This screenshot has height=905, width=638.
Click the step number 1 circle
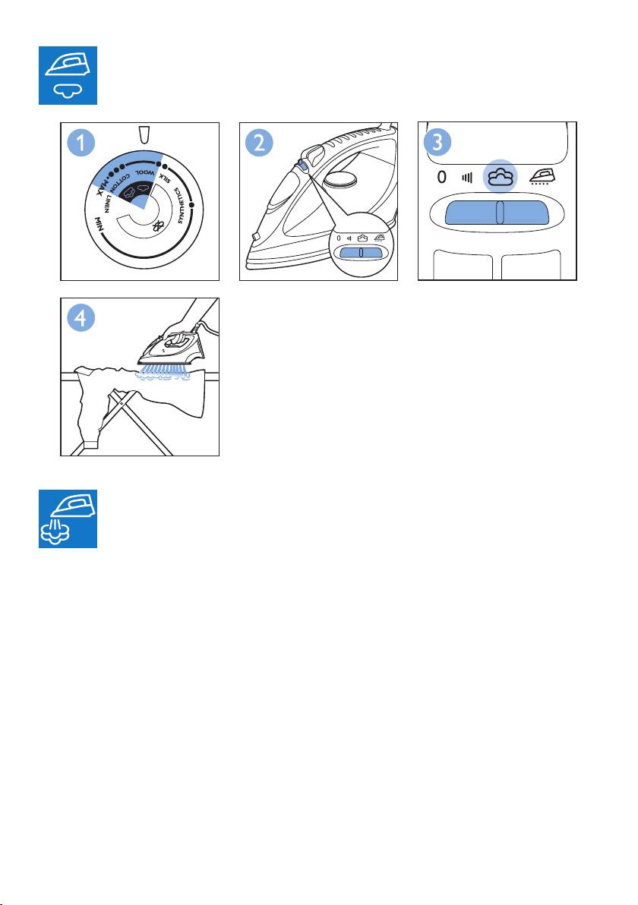point(81,143)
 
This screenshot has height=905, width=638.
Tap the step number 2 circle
point(259,143)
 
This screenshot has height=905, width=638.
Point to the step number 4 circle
point(81,318)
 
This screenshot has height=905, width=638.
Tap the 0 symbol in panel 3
point(442,177)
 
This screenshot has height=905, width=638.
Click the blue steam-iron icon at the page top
point(68,76)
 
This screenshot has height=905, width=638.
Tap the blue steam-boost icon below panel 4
point(68,519)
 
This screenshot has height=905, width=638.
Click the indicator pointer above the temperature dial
point(144,135)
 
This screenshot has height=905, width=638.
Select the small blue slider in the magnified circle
point(361,253)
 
